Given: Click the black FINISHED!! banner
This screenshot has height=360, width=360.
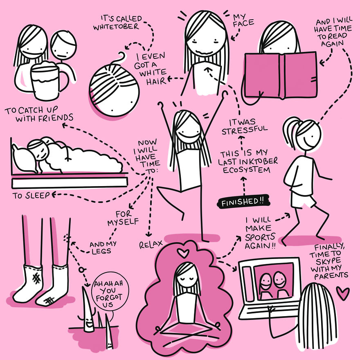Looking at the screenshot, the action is click(x=243, y=202).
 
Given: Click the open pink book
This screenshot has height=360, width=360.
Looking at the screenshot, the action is click(x=281, y=75).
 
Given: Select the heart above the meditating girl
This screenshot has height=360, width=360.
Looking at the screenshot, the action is click(x=183, y=253).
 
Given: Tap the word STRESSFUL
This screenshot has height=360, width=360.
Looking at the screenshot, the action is click(x=245, y=130).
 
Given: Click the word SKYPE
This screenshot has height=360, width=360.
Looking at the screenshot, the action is click(x=328, y=261).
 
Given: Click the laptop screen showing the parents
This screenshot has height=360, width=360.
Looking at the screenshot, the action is click(x=274, y=282).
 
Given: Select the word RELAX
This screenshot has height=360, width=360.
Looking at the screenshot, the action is click(x=151, y=244).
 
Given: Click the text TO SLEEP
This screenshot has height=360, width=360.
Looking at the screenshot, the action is click(x=31, y=196).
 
